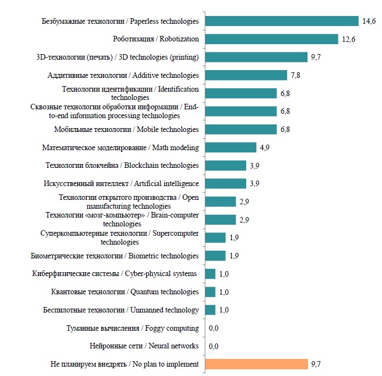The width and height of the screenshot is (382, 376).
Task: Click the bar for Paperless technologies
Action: pos(282,21)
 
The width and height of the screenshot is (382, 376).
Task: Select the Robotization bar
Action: pos(271,39)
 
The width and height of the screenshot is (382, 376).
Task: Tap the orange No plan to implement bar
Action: pos(256,364)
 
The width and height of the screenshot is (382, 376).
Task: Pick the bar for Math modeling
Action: pos(230,147)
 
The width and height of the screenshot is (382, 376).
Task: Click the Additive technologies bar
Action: pos(246,75)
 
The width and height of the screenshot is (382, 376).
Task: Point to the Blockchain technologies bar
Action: pos(225,166)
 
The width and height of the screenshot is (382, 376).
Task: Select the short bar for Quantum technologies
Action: pos(210,292)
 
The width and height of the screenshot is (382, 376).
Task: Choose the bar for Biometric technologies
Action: pos(215,256)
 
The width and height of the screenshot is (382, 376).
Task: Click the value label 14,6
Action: pos(369,22)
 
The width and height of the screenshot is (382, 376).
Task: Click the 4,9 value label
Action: pos(265,147)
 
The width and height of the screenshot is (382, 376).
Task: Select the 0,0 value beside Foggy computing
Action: pos(214,329)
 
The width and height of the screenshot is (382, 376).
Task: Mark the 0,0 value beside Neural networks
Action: pos(214,346)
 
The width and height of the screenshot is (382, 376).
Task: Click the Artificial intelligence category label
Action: pos(120,183)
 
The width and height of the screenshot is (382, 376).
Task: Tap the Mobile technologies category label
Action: pos(126,130)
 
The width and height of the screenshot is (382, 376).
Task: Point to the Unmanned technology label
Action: pos(120,310)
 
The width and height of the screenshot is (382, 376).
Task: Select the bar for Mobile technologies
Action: pos(240,129)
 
